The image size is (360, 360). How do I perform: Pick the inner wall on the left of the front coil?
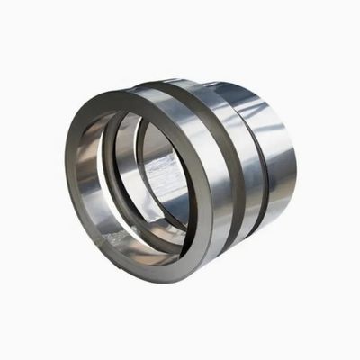pos(90,180)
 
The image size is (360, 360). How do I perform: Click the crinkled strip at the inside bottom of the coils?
pos(135,236)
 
